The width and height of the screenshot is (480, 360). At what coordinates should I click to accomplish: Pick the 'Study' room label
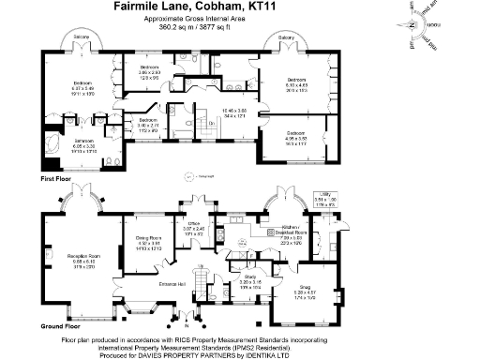[x=249, y=277]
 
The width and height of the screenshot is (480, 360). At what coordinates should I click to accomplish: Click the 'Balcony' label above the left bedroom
[x=82, y=37]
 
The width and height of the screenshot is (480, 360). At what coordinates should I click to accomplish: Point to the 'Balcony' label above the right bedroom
[x=286, y=37]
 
